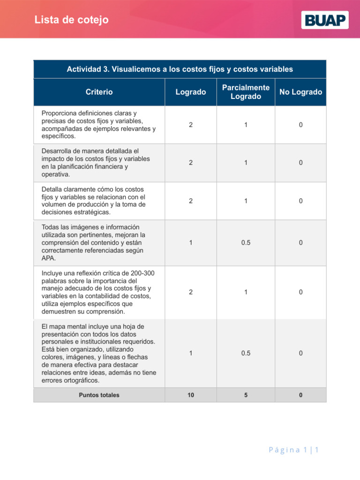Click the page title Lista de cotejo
[x=71, y=20]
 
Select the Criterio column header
[x=99, y=92]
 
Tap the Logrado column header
[x=190, y=92]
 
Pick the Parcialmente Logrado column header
[x=246, y=92]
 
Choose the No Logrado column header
[x=300, y=92]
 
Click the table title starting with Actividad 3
[x=180, y=69]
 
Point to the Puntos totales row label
[x=99, y=395]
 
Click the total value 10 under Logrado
[x=190, y=395]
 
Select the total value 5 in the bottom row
[x=246, y=395]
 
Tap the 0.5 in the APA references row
[x=246, y=243]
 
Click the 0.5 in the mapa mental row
[x=246, y=353]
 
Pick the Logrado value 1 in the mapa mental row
[x=190, y=353]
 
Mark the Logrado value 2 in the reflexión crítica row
[x=190, y=292]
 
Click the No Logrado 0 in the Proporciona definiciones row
[x=300, y=125]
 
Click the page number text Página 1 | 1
[x=293, y=450]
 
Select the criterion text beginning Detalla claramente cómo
[x=93, y=201]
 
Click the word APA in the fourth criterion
[x=48, y=258]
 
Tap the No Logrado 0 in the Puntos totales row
[x=300, y=395]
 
